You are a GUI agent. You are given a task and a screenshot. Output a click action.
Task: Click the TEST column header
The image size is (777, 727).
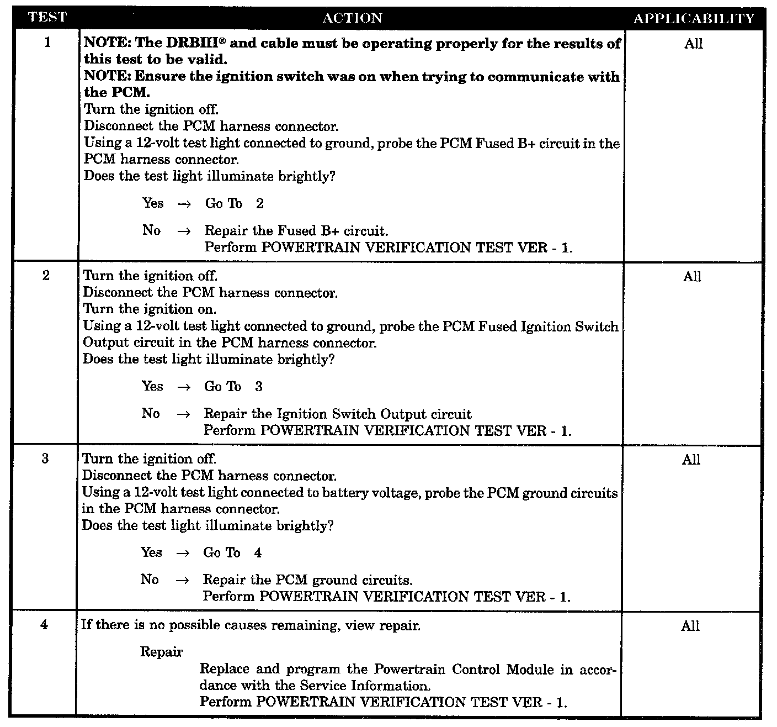point(47,17)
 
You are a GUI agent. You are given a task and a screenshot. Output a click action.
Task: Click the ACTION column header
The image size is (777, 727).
point(352,18)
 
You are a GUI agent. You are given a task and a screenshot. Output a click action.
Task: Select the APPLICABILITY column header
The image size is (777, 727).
point(693,19)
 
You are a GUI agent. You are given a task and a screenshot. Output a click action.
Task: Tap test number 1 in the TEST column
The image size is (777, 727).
point(47,42)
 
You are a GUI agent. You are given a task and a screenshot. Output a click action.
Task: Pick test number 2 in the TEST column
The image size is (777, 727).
point(46,275)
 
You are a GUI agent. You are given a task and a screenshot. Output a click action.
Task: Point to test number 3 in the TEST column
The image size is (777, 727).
point(45,459)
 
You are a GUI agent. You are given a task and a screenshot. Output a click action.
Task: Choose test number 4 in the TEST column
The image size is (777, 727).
point(44,624)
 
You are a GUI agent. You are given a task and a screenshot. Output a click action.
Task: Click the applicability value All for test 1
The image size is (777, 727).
point(693,44)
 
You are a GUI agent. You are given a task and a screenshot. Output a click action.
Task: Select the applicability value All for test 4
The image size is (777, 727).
point(690,626)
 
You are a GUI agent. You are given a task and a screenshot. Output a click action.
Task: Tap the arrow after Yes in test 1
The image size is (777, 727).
point(184,204)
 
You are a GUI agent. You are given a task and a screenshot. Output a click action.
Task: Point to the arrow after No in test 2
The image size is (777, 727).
point(183,414)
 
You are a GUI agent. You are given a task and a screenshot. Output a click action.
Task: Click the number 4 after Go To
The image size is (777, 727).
point(258,552)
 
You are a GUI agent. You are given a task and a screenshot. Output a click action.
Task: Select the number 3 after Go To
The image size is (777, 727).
point(259,386)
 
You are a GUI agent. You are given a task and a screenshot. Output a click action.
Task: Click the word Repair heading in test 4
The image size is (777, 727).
point(161,652)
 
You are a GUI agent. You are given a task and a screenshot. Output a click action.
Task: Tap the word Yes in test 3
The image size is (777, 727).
point(151,552)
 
